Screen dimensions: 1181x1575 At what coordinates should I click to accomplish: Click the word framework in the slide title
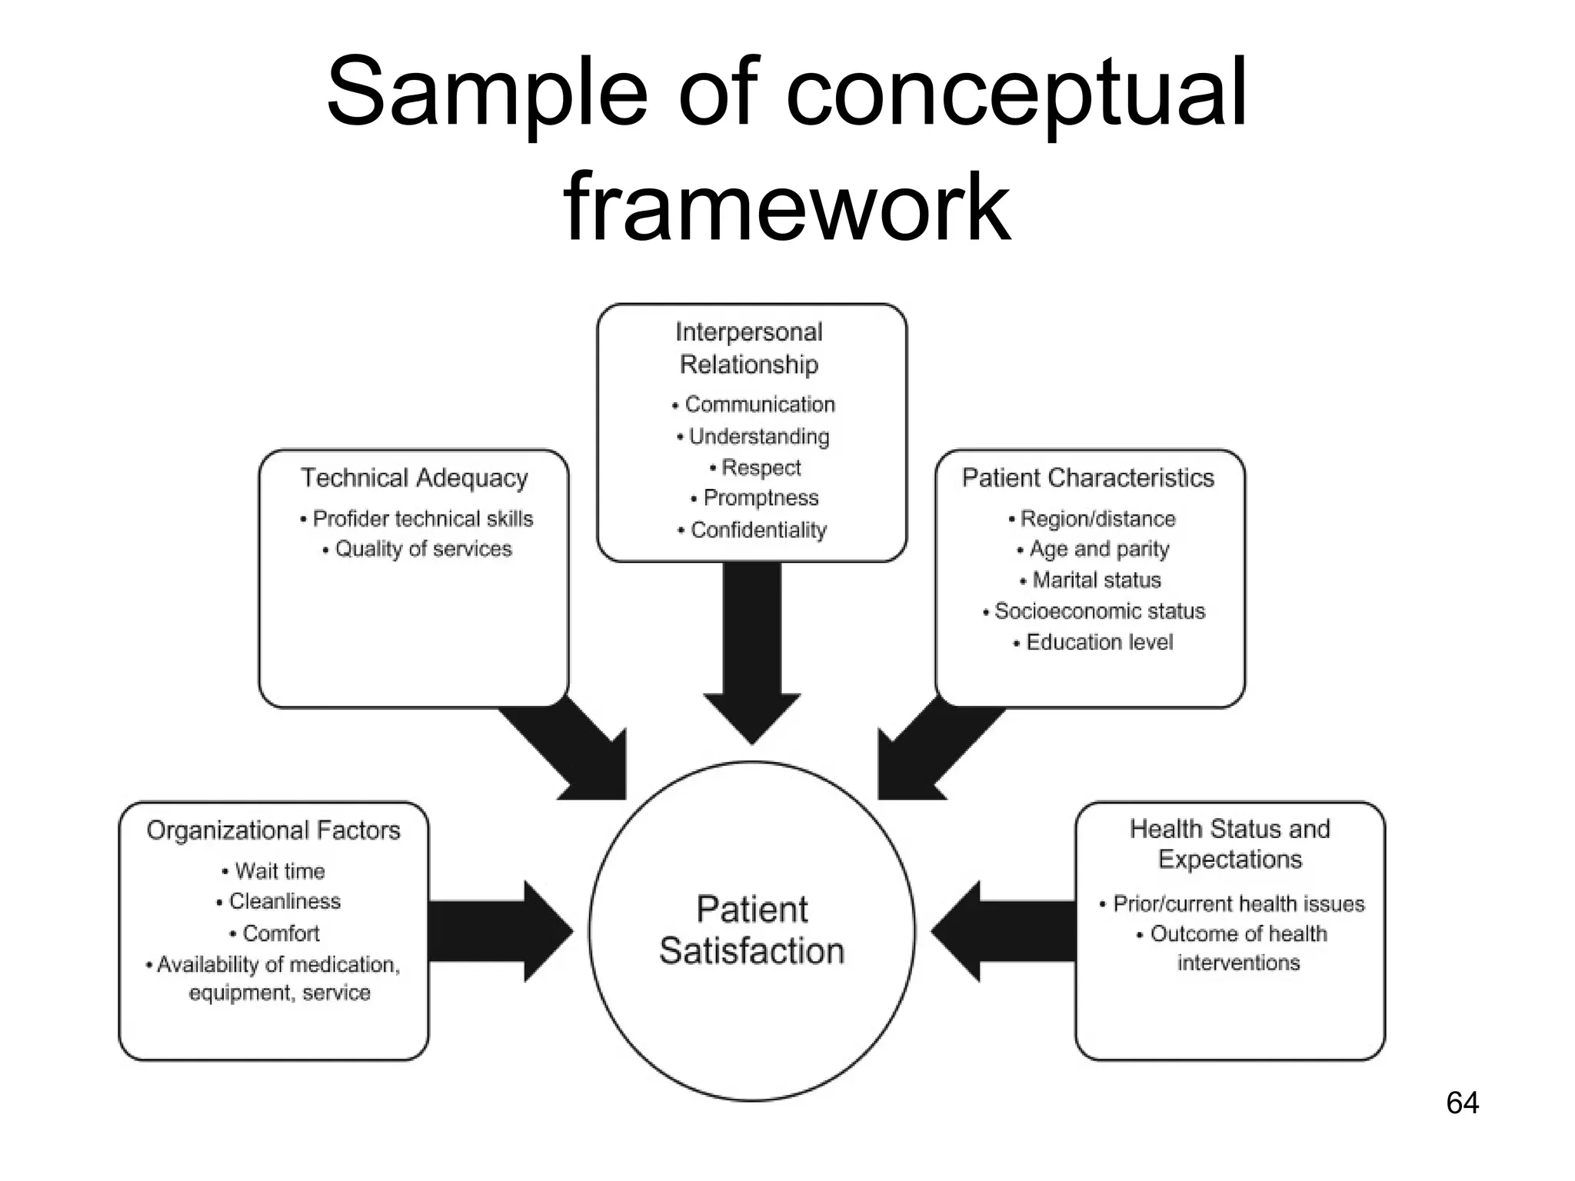[x=786, y=208]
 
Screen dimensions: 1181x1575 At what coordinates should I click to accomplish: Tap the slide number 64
[x=1462, y=1103]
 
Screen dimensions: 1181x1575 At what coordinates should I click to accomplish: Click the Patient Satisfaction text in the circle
[x=752, y=930]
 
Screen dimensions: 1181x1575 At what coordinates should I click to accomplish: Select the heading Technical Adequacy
[x=414, y=477]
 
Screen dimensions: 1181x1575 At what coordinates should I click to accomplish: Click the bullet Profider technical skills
[x=422, y=519]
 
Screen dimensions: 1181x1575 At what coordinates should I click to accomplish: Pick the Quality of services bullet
[x=423, y=549]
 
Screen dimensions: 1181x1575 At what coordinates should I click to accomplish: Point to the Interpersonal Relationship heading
[x=749, y=348]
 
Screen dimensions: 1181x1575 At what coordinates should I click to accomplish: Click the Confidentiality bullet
[x=758, y=530]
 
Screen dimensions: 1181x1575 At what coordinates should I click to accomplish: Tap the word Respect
[x=761, y=467]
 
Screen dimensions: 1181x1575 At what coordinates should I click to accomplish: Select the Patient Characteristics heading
[x=1087, y=477]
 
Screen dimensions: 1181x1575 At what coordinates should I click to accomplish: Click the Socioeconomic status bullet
[x=1099, y=611]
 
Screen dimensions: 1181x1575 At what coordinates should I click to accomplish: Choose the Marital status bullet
[x=1096, y=580]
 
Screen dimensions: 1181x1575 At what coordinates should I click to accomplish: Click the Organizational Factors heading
[x=273, y=830]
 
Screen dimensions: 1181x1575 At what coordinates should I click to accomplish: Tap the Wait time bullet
[x=279, y=871]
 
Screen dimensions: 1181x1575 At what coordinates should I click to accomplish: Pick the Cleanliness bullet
[x=285, y=901]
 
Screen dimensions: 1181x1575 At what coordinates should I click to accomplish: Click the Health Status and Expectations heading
[x=1230, y=844]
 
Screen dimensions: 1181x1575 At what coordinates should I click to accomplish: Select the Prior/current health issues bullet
[x=1238, y=903]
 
